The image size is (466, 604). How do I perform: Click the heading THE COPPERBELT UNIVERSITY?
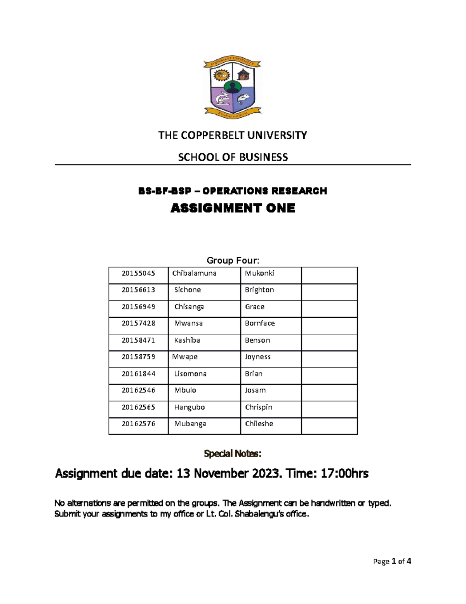tap(232, 135)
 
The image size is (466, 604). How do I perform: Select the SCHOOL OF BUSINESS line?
tap(233, 157)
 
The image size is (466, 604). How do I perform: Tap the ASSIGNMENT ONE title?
tap(233, 208)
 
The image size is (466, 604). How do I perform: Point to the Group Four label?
tap(233, 260)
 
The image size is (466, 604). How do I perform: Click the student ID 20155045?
tap(138, 273)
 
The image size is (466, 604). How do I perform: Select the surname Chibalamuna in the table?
tap(194, 273)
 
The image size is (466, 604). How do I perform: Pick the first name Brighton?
tap(259, 290)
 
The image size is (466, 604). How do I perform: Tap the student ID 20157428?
tap(138, 323)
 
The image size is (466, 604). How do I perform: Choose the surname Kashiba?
tap(187, 340)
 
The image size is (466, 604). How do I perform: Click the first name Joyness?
tap(257, 357)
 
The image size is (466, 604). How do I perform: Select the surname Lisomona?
tap(190, 374)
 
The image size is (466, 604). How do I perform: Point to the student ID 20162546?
tap(138, 390)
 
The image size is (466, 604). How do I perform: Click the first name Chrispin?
tap(259, 407)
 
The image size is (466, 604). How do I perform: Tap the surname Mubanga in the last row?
tap(190, 424)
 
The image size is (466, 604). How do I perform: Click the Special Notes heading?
tap(233, 453)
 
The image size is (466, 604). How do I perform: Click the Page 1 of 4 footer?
tap(392, 561)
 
